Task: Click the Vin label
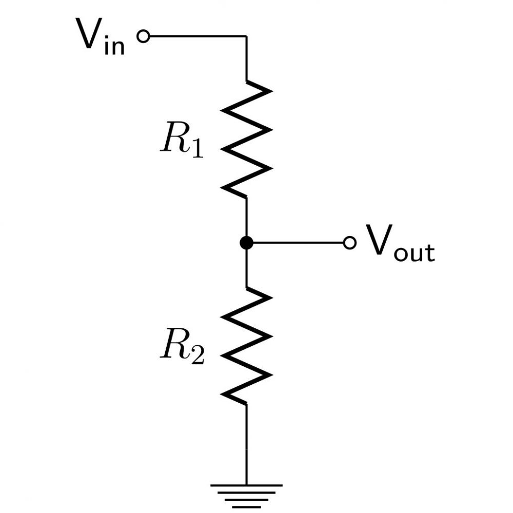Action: point(100,36)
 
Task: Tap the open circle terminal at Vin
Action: point(143,36)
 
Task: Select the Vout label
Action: point(400,243)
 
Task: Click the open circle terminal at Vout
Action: point(350,243)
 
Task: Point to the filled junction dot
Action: point(246,243)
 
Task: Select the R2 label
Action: point(183,346)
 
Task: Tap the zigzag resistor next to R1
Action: point(246,139)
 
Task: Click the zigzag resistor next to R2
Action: point(246,346)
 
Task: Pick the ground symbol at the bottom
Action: point(246,496)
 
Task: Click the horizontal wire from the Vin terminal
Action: point(198,36)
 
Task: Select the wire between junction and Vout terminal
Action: point(299,243)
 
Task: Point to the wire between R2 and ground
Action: point(246,444)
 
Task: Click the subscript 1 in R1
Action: point(198,149)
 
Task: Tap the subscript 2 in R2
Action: point(198,356)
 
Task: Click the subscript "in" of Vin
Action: point(114,45)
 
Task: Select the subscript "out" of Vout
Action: point(414,252)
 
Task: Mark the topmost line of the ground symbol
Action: point(246,485)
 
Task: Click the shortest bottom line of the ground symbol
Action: point(246,507)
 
